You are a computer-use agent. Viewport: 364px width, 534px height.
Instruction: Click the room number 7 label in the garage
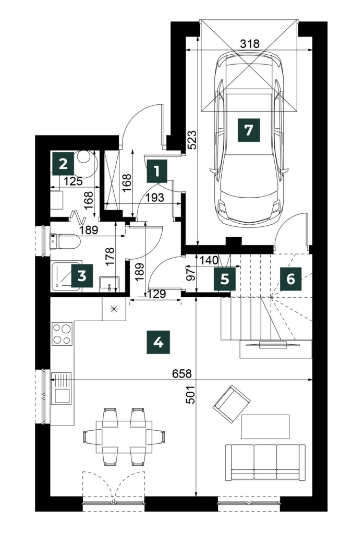click(249, 130)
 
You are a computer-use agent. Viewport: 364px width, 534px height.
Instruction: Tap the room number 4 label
click(158, 342)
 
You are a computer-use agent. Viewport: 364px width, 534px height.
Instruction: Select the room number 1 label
click(157, 171)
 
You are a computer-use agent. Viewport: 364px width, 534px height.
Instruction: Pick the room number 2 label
click(63, 164)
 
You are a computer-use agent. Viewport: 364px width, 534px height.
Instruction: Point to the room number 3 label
click(82, 276)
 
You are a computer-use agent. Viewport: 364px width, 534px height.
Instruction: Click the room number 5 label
click(225, 279)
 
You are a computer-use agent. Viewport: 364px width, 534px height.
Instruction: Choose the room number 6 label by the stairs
click(291, 279)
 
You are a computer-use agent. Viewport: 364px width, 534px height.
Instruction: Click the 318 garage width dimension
click(250, 44)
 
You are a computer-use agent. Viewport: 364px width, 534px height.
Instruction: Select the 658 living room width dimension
click(182, 373)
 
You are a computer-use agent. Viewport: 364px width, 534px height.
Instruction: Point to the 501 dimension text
click(191, 395)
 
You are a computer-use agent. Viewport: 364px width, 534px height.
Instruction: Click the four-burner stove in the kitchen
click(62, 334)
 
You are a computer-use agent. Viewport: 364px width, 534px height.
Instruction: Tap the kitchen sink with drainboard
click(62, 389)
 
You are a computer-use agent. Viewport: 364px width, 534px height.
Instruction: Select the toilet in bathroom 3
click(65, 241)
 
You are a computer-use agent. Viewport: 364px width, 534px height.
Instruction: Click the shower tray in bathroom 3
click(67, 276)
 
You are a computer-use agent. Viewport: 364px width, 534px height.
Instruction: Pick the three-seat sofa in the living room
click(265, 462)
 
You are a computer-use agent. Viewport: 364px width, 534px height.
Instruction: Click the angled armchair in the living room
click(232, 404)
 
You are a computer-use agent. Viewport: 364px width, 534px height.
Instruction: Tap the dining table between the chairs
click(124, 437)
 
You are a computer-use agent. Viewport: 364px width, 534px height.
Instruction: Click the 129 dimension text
click(157, 294)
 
